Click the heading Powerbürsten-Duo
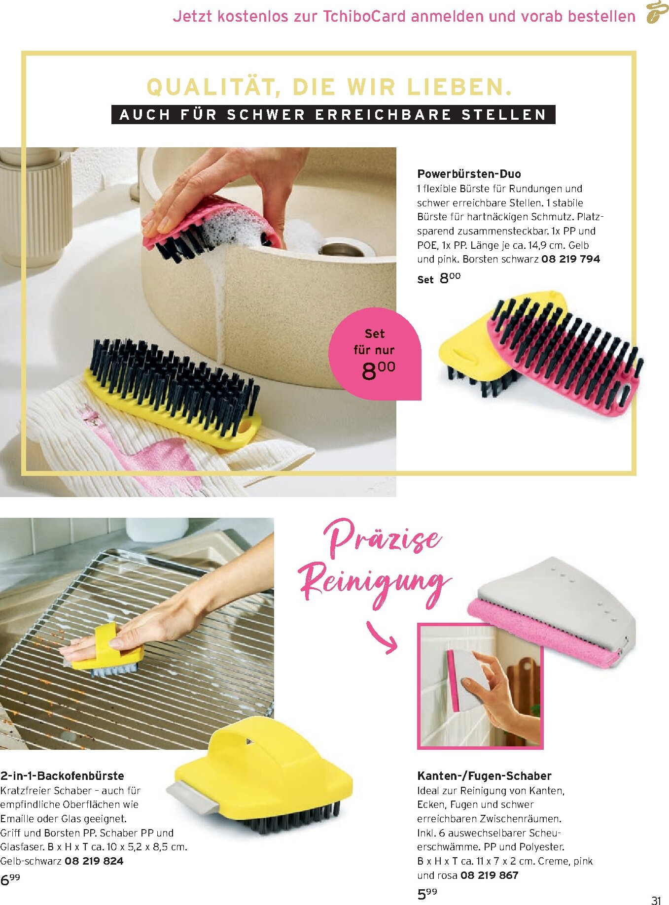coord(469,173)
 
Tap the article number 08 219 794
coord(570,259)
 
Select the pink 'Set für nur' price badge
coord(375,354)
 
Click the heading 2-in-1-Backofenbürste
coord(62,776)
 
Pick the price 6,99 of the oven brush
coord(10,879)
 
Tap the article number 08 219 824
coord(94,861)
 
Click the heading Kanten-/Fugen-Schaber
coord(484,776)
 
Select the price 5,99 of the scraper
coord(427,893)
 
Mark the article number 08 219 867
coord(489,875)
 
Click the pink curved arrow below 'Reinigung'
coord(383,637)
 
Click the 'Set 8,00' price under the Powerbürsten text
coord(439,278)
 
